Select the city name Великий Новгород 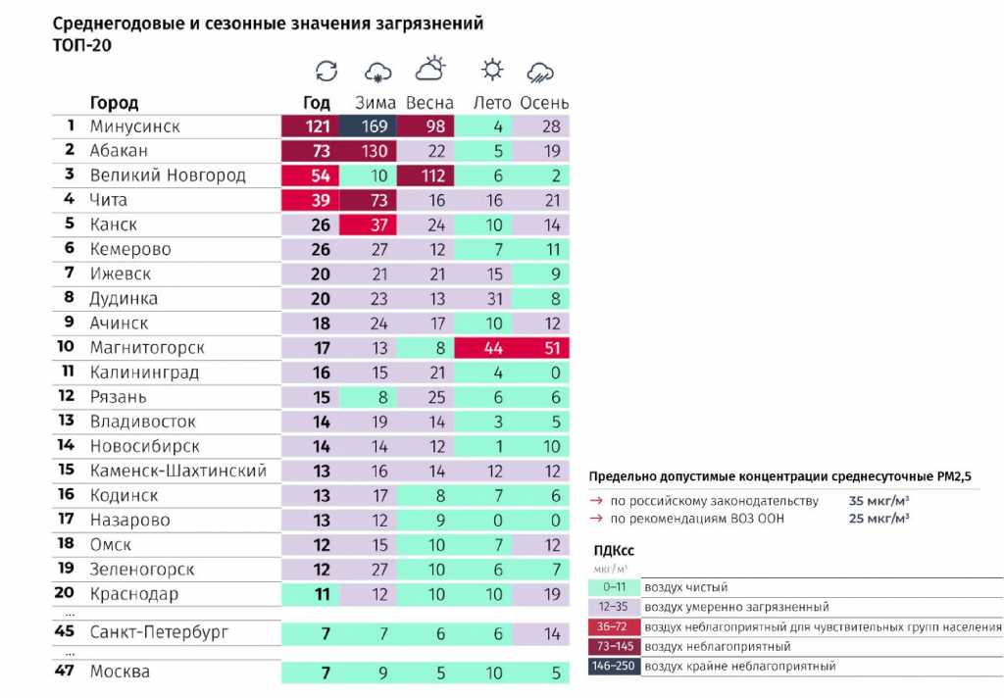[x=167, y=175]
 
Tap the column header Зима [x=375, y=102]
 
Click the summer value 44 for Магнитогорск [x=492, y=348]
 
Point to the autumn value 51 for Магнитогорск [x=551, y=348]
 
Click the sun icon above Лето [x=492, y=70]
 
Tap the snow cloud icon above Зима [x=377, y=71]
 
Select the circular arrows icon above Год [x=326, y=71]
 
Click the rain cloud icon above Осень [x=540, y=71]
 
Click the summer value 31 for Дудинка [x=492, y=299]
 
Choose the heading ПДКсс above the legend [x=615, y=551]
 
